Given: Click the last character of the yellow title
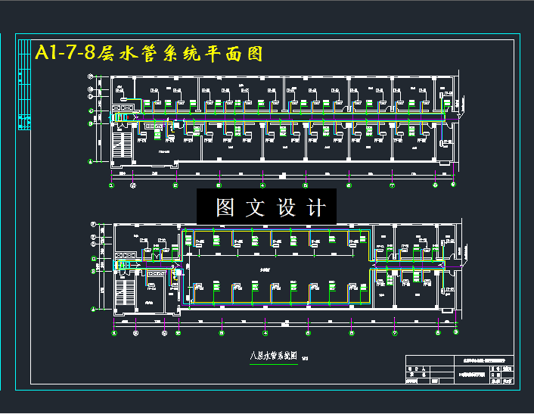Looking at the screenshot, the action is coord(252,53).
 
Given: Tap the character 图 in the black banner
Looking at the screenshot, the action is coord(225,207).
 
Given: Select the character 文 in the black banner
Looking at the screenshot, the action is coord(257,207).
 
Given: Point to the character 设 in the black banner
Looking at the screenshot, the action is coord(287,207).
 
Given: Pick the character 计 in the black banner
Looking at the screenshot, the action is coord(318,207).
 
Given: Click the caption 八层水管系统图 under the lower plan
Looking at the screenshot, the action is coord(272,356).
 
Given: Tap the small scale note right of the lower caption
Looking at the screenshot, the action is coord(305,359).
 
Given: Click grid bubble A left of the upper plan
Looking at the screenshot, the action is coord(91,160).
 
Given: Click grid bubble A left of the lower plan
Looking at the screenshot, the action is coord(92,310).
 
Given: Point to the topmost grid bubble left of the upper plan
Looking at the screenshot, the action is coord(91,76).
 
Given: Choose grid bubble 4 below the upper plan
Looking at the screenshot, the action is coord(263,184).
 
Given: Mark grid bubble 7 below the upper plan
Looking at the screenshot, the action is coord(393,184).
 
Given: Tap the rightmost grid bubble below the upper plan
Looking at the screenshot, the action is coord(453,184).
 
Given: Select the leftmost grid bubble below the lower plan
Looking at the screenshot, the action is coord(114,332).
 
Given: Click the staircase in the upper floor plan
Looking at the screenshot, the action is coord(121,144).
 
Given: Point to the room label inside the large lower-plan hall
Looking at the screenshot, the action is coord(265,269).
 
